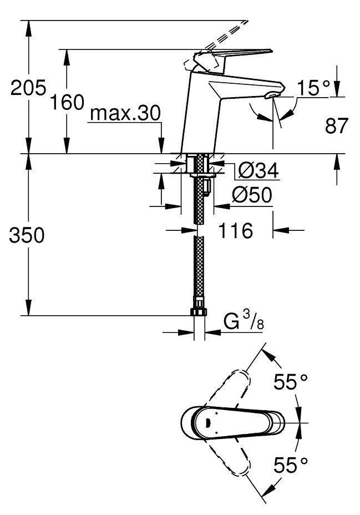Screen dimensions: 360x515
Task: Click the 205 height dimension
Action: point(28,88)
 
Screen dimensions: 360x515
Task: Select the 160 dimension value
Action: point(67,102)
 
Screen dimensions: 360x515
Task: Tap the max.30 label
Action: point(125,113)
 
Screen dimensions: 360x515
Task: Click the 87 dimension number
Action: point(336,125)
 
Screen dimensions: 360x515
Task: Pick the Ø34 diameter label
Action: point(258,170)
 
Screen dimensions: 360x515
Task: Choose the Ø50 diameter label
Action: point(252,195)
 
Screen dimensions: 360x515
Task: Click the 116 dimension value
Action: point(236,230)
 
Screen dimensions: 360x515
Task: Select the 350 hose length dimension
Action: point(27,235)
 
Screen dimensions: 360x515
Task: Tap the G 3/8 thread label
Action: point(244,321)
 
